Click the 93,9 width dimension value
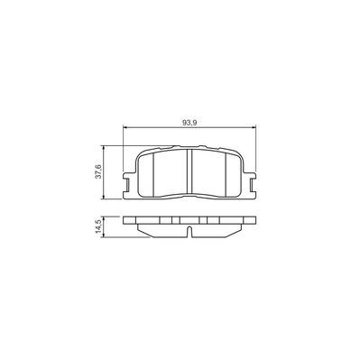coord(189,123)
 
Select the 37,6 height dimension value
coord(98,172)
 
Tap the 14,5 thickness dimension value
coord(98,226)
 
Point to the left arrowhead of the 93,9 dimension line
coord(125,128)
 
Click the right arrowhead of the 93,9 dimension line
coord(254,128)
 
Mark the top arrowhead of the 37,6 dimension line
coord(104,148)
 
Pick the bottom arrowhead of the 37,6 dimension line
coord(104,197)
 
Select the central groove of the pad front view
coord(189,171)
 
